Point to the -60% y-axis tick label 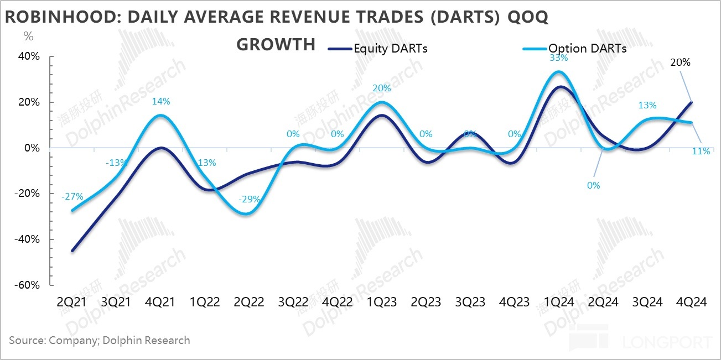tap(27, 285)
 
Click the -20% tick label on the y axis tap(27, 194)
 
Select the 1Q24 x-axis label tap(559, 302)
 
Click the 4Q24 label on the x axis tap(691, 302)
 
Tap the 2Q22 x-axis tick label tap(249, 302)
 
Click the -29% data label tap(249, 200)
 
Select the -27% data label tap(72, 196)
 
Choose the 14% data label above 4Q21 tap(161, 101)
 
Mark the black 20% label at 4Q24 tap(680, 62)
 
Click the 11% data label tap(701, 150)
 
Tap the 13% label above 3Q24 tap(647, 105)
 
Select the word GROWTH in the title tap(276, 44)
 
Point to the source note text tap(100, 340)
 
